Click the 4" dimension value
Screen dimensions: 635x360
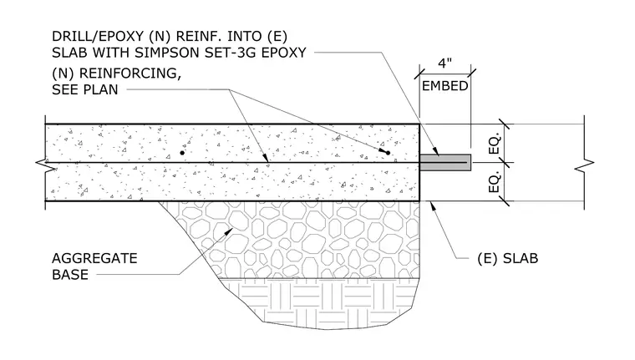tap(444, 63)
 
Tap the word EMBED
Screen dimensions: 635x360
tap(445, 86)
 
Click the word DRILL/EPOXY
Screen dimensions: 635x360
tap(98, 37)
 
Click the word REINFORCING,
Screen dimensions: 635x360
tap(130, 74)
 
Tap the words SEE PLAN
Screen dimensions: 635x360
tap(85, 89)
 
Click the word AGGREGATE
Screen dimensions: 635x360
tap(94, 258)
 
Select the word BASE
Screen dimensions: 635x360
tap(70, 275)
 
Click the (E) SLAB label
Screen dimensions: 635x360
tap(508, 258)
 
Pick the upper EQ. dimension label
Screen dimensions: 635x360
tap(495, 143)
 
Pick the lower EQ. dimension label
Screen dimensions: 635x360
tap(495, 182)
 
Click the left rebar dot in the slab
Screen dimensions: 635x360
tap(182, 153)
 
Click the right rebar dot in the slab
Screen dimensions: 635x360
tap(388, 153)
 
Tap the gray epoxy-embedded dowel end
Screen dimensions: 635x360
tap(445, 162)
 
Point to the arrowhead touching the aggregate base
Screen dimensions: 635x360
tap(230, 231)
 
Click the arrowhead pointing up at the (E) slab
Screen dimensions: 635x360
tap(433, 205)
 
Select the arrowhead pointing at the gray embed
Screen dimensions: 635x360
tap(435, 152)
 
